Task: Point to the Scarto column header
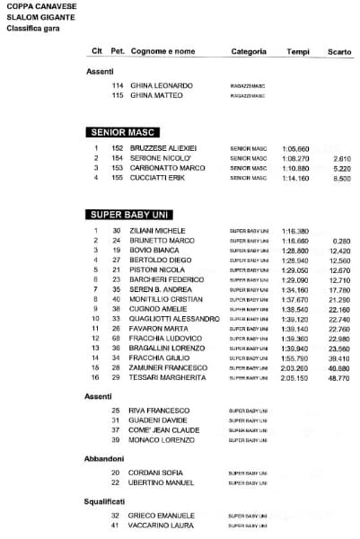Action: tap(339, 51)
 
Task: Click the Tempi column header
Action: tap(298, 51)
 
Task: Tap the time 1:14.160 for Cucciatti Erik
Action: tap(295, 178)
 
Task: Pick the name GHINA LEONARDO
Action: tap(162, 85)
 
